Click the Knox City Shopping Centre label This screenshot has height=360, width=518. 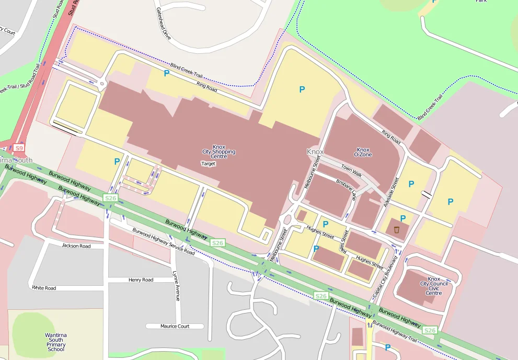point(218,152)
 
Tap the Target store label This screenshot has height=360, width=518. point(208,164)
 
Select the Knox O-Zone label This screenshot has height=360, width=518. point(362,152)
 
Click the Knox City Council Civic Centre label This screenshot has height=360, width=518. point(433,286)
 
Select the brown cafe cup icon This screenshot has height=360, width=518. point(397,229)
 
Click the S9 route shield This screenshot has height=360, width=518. point(19,148)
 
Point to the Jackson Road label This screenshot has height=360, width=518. point(76,246)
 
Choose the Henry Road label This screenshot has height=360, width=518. point(141,280)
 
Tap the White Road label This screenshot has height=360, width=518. point(44,288)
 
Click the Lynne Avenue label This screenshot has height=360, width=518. point(176,285)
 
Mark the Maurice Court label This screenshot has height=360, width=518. point(175,326)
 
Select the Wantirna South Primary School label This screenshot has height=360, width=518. point(56,342)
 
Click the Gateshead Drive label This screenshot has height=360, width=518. point(163,24)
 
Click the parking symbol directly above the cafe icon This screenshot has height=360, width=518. point(402,218)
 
